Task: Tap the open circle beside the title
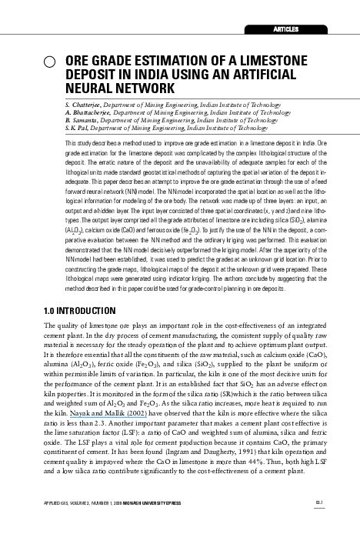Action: pyautogui.click(x=48, y=62)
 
